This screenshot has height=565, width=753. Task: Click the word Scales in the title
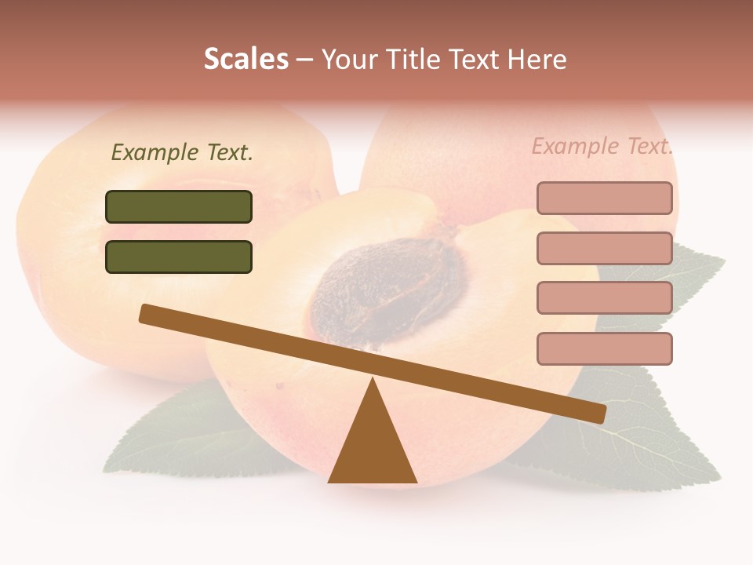pos(246,60)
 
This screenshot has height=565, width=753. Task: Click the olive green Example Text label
pos(182,152)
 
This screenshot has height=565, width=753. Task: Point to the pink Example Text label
pos(602,146)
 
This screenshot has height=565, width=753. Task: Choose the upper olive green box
pos(179,207)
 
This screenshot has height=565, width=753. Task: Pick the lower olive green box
pos(179,257)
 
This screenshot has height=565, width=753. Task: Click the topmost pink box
pos(604,199)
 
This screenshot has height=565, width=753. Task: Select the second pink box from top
pos(604,248)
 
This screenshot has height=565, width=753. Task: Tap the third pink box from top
pos(604,298)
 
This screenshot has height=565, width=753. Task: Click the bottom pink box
pos(604,348)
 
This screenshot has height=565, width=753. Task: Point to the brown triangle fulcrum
pos(373,447)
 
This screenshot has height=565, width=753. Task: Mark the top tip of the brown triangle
pos(373,380)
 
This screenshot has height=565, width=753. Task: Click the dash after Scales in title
pos(305,60)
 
